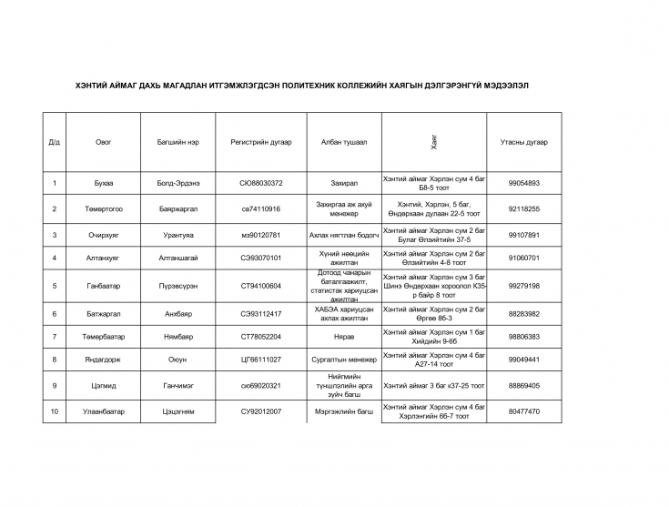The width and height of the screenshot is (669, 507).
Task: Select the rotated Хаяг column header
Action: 434,142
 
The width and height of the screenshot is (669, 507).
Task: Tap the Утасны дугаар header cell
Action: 524,142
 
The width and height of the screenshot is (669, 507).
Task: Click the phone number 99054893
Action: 524,183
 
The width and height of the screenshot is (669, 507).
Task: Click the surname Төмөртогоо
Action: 104,208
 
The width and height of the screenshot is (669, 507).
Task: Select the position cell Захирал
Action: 344,183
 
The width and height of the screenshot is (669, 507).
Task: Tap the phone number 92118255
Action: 524,208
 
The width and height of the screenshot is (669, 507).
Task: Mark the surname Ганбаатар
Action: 104,286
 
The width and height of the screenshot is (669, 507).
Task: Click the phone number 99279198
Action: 524,286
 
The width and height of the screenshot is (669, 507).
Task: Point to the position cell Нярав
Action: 344,337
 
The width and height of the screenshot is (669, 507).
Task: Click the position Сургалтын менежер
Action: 344,360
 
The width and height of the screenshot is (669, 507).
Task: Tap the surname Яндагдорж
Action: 104,360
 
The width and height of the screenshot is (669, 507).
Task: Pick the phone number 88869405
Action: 524,386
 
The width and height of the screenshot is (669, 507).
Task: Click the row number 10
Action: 55,411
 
